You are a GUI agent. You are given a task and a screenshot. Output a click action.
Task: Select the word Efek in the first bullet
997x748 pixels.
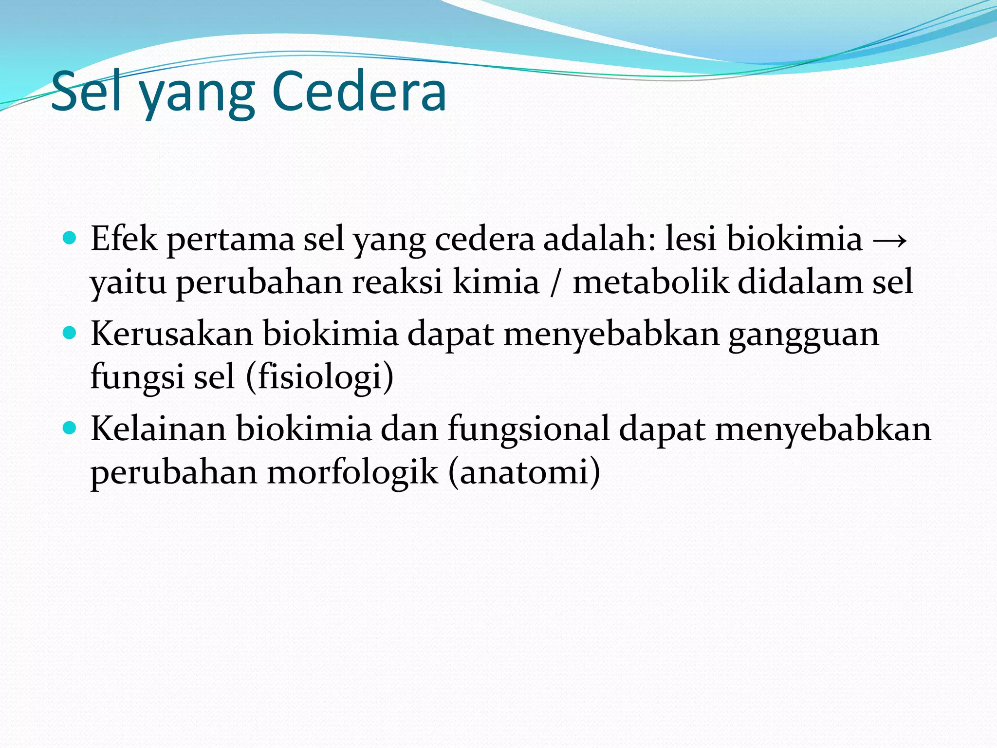pos(124,239)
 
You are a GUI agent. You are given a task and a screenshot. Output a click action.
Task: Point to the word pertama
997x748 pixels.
pos(231,240)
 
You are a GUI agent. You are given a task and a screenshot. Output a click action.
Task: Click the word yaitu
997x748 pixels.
pos(129,282)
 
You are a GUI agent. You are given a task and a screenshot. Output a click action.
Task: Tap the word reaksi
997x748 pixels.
pos(397,282)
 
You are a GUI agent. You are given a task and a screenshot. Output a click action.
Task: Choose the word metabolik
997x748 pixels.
pos(650,282)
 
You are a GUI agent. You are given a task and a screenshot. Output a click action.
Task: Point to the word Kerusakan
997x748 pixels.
pos(172,334)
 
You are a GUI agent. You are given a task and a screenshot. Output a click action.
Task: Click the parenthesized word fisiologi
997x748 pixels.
pos(320,377)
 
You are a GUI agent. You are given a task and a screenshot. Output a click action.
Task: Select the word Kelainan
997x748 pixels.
pos(158,429)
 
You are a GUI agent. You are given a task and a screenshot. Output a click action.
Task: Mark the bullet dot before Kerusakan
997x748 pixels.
pos(71,333)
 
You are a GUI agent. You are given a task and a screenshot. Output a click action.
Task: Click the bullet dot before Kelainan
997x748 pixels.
pos(71,428)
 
